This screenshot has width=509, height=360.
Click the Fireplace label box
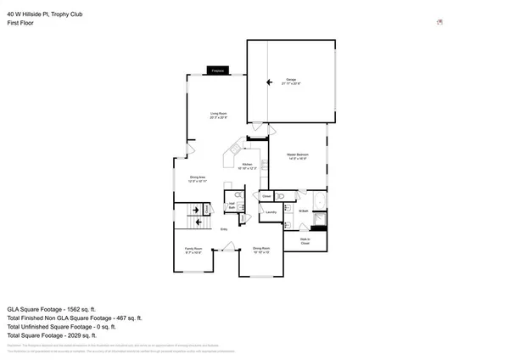(x=216, y=71)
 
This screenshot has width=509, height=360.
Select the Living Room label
(x=219, y=115)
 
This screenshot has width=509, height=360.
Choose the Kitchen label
(x=248, y=166)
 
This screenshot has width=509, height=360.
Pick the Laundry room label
(x=271, y=212)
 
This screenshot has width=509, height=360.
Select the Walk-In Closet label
(x=304, y=242)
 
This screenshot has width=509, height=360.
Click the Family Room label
(x=193, y=250)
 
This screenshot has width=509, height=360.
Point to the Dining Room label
(x=261, y=250)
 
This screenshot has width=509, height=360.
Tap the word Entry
(x=225, y=229)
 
